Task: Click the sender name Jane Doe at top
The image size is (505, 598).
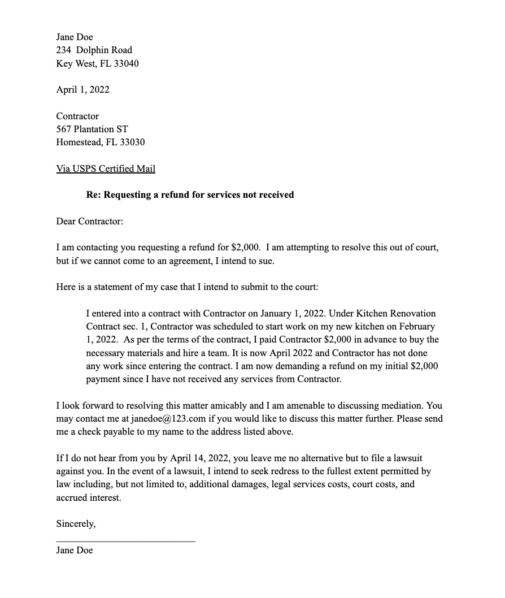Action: pos(75,37)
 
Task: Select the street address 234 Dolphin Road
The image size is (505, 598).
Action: pos(94,50)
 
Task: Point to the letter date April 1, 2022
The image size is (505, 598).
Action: pos(82,89)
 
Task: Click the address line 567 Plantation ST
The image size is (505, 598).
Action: pos(92,129)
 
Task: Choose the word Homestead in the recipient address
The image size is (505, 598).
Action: pos(79,142)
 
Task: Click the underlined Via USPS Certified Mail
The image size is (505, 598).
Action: pos(106,168)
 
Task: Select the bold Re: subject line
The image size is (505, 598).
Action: pos(190,194)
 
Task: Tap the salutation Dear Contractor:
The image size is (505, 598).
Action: pos(89,221)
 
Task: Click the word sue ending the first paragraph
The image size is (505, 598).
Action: pos(266,261)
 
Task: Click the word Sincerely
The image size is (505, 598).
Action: pos(76,524)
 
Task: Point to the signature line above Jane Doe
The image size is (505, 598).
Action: pos(125,541)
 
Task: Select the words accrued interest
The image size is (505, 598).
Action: pos(89,497)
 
